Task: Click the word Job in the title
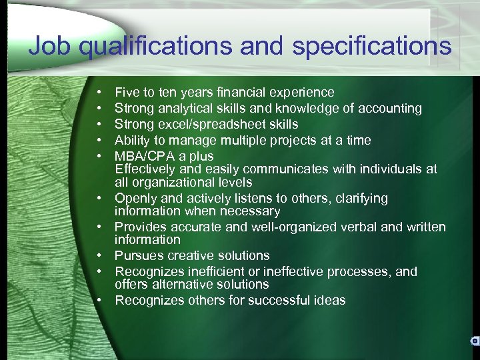pos(50,46)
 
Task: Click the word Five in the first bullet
pos(127,92)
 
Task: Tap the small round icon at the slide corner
pos(474,341)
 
